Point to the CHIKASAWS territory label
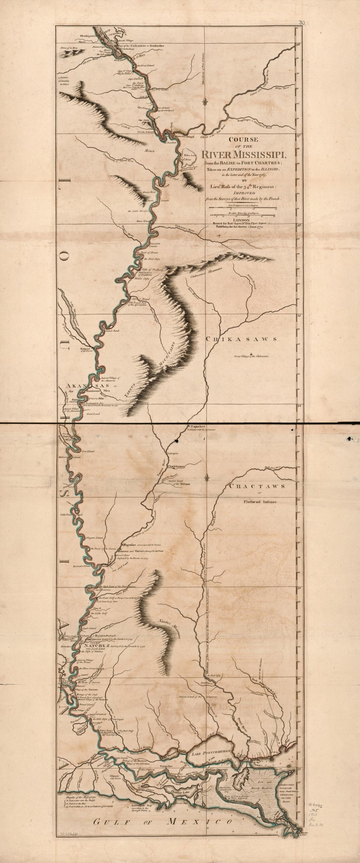pos(241,339)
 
